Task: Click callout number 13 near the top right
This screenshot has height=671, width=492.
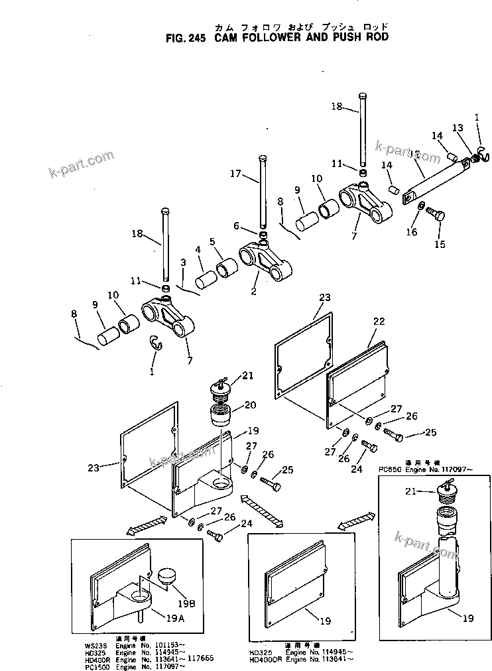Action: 458,128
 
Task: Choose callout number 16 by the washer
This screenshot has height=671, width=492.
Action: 412,231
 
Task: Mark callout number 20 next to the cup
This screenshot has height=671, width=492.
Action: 251,404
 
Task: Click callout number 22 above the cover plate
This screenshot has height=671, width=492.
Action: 378,321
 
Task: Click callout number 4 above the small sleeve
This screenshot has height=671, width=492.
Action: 198,250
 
